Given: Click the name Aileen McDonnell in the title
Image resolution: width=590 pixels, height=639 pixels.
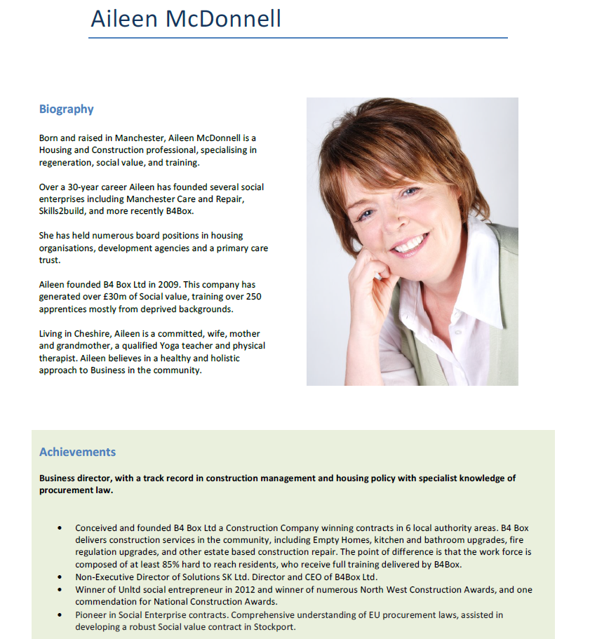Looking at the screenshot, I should coord(186,19).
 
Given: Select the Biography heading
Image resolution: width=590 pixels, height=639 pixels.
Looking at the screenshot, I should coord(67,109).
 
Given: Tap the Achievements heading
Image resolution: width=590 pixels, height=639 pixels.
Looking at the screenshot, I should coord(77,452).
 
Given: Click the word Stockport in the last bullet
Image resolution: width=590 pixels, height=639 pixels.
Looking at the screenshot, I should coord(274,626).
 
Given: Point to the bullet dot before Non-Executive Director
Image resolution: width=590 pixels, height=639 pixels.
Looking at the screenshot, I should coord(60,577).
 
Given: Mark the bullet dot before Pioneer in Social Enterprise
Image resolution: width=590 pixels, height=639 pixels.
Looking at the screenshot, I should coord(60,614).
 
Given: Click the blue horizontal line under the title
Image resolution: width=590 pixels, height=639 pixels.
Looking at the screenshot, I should coord(298,38).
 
